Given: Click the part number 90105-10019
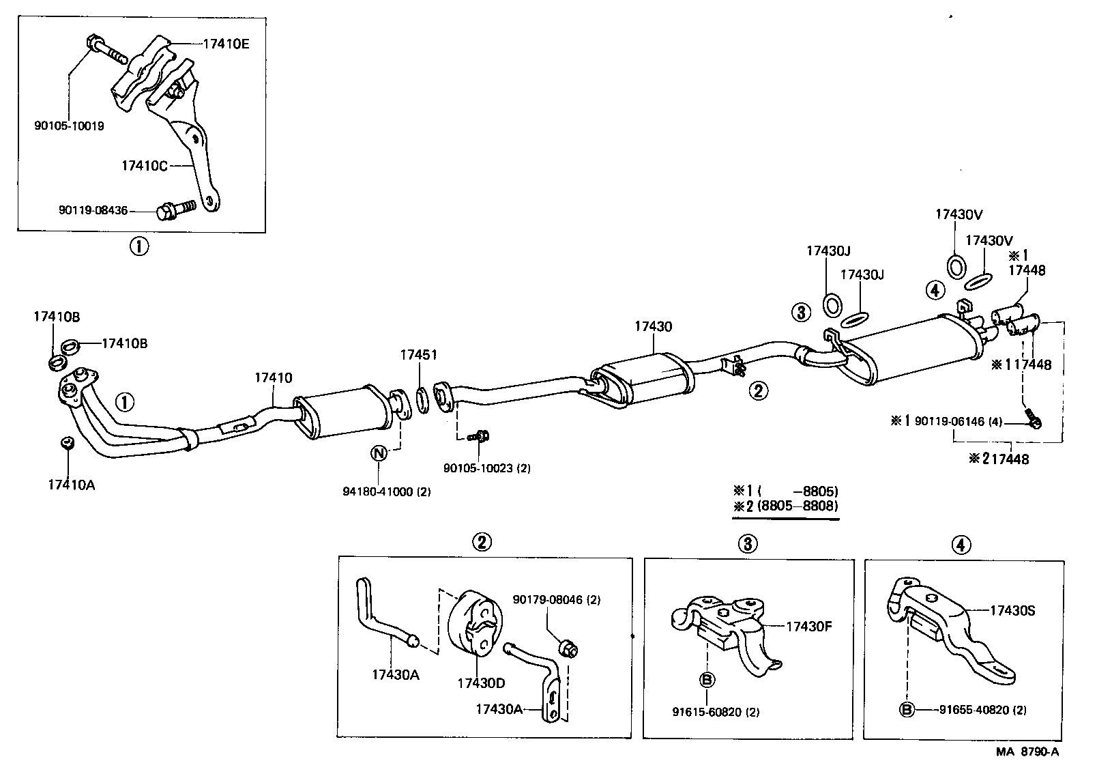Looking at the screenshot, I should click(69, 126).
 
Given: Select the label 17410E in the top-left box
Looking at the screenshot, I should click(226, 44).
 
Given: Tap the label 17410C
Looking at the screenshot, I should click(144, 165).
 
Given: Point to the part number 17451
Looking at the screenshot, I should click(418, 355).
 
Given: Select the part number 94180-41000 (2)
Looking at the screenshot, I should click(386, 491).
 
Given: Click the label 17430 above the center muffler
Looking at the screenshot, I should click(652, 327).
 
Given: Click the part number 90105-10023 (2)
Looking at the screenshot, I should click(486, 468).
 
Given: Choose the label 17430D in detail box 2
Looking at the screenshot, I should click(481, 683).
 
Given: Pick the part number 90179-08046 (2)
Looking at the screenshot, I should click(556, 600).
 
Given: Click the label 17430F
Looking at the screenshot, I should click(810, 626).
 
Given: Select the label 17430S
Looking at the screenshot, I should click(1012, 610).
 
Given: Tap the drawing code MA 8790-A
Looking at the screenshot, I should click(1026, 751).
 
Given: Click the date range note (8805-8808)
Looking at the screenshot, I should click(797, 506).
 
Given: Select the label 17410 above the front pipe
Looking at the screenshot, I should click(274, 377).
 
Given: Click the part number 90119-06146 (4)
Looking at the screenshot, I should click(958, 422).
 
